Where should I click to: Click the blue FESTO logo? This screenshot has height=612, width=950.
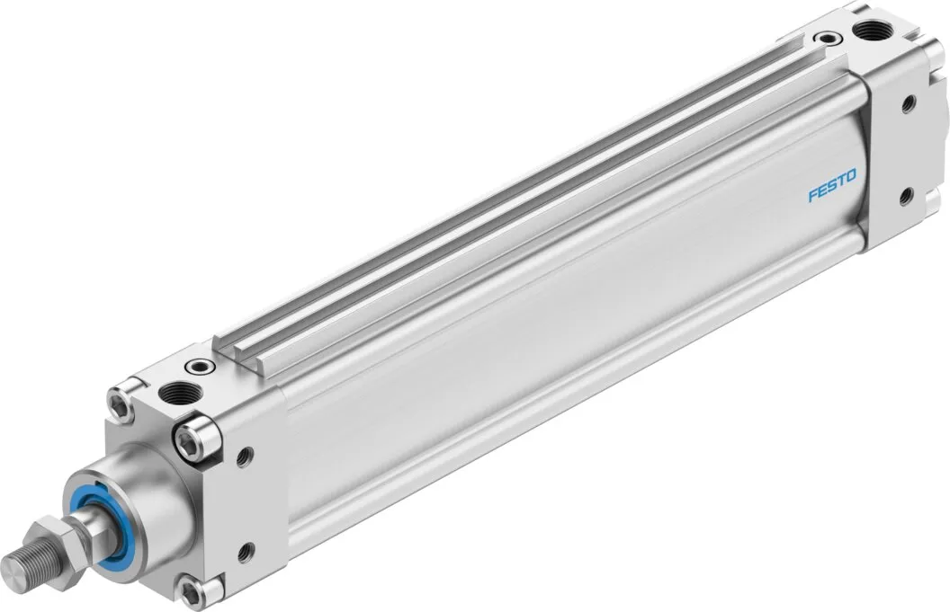pyautogui.click(x=832, y=186)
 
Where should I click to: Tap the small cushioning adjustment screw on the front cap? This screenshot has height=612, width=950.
pyautogui.click(x=200, y=367)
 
